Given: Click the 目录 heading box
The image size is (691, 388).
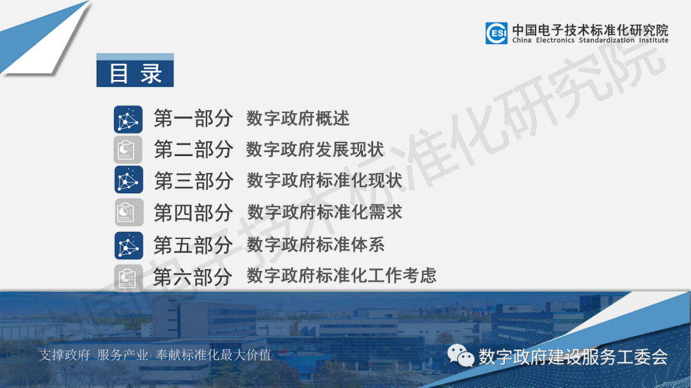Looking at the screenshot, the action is (x=135, y=70).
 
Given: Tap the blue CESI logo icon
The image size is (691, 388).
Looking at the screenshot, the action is (x=496, y=33).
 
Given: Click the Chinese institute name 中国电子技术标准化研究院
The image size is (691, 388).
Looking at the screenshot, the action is (x=590, y=30).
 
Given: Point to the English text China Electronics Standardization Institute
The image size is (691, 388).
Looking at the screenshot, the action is (x=590, y=40).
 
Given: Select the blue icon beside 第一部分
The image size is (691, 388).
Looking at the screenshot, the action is (x=128, y=120).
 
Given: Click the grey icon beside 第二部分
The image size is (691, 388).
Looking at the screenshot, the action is (x=128, y=150).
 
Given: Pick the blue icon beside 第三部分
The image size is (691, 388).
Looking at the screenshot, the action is (x=129, y=180).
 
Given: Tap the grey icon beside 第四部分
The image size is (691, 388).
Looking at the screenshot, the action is (x=129, y=212).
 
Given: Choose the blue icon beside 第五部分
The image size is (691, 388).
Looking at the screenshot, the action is (x=129, y=245).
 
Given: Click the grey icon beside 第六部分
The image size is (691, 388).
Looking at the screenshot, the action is (x=128, y=277).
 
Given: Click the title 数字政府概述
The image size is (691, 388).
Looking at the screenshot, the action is (x=298, y=118).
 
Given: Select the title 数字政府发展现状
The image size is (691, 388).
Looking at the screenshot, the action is (x=315, y=150).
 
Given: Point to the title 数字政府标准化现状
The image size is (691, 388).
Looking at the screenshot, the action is (x=324, y=180).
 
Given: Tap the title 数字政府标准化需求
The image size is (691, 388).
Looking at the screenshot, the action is (x=325, y=212).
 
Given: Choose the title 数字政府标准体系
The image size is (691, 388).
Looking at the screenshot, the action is (x=315, y=245).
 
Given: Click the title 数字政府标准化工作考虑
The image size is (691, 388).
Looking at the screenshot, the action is (x=342, y=275).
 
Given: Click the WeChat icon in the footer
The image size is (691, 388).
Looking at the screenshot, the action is (x=461, y=355).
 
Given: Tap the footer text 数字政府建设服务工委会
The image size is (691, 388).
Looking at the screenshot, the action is (x=573, y=357).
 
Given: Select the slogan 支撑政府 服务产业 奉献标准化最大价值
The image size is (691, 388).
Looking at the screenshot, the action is (x=155, y=355).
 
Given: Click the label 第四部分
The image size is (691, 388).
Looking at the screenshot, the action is (x=193, y=213).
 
